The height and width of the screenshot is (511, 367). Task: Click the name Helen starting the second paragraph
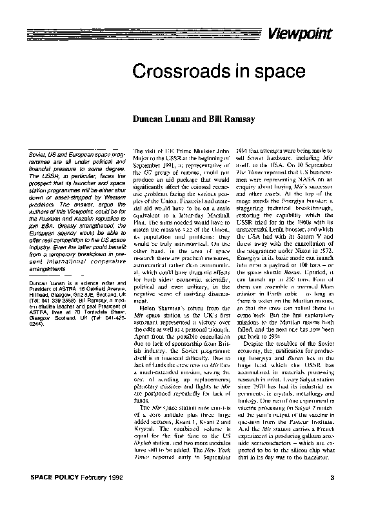[147, 307]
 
